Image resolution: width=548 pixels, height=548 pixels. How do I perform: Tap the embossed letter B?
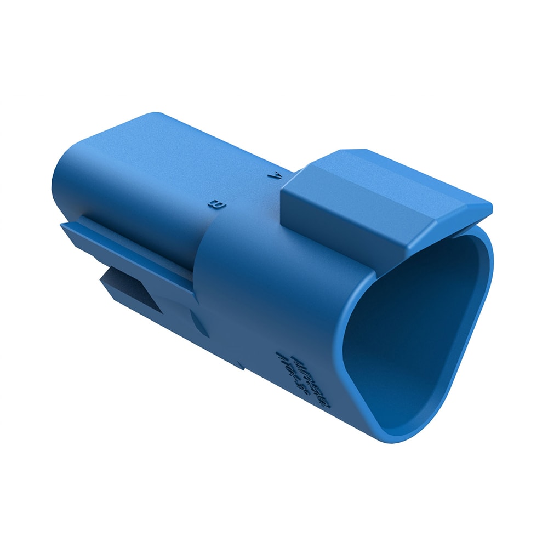pyautogui.click(x=215, y=205)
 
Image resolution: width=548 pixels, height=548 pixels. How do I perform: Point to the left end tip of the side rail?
pyautogui.click(x=63, y=225)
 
